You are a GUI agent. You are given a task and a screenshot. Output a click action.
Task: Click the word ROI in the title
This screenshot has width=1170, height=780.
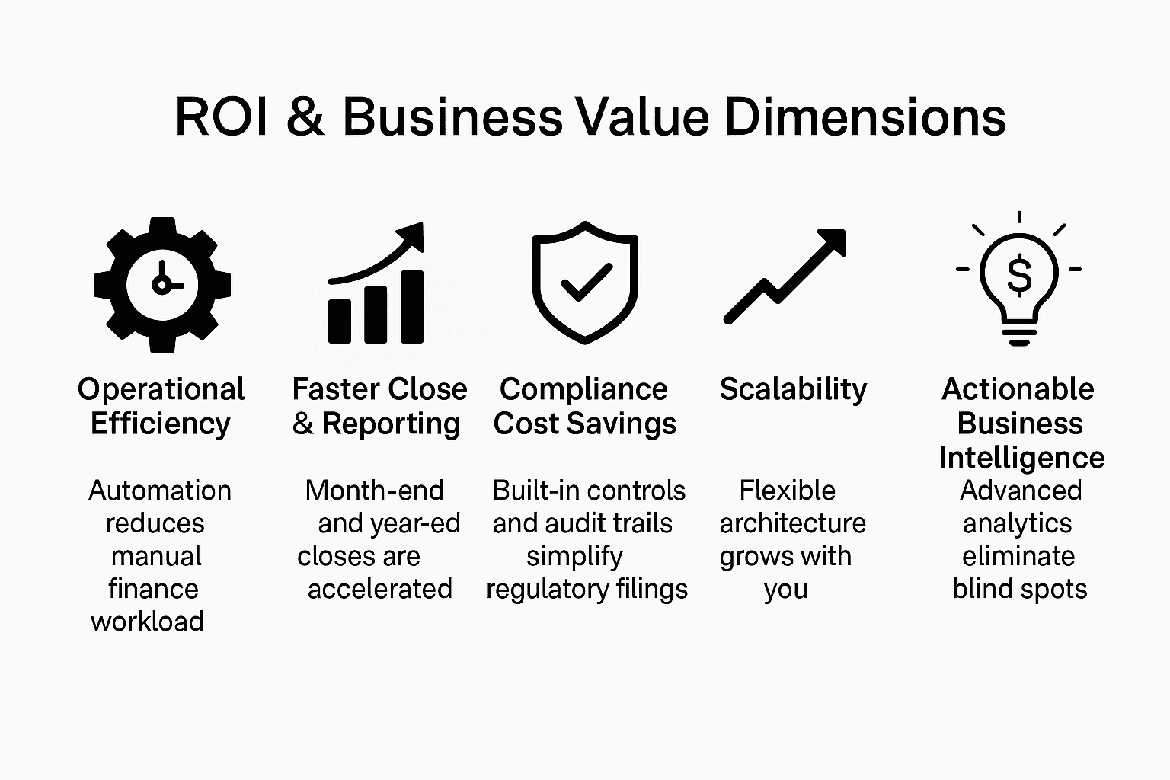pos(222,118)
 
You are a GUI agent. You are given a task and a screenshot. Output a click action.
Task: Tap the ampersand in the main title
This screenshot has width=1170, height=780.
pos(305,118)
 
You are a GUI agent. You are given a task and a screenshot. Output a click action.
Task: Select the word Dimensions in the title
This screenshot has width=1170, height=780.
pos(865,118)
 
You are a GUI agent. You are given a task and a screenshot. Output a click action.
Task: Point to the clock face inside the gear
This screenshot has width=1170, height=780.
pos(162,284)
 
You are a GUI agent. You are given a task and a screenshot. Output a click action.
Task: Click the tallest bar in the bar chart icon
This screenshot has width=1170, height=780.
pos(412,306)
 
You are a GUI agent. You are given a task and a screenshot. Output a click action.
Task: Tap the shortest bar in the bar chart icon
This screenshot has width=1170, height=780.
pos(340,321)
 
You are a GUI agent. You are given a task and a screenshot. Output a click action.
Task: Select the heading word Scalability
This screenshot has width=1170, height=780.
pos(793,389)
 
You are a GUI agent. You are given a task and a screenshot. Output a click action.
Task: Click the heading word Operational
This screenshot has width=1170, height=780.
pos(161,389)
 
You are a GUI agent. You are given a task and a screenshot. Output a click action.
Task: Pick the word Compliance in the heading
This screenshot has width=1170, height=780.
pos(583,389)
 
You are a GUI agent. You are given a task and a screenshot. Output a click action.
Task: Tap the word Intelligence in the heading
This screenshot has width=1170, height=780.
pos(1021,458)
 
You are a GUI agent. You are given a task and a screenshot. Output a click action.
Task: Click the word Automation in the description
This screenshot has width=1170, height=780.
pos(160,491)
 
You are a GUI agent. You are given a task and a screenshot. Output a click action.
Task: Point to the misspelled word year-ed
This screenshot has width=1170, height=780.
pos(412,524)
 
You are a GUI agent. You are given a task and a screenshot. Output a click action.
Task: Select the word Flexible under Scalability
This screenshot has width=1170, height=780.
pos(787,491)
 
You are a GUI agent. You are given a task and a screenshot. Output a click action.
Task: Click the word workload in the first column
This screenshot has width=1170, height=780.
pos(147,622)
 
